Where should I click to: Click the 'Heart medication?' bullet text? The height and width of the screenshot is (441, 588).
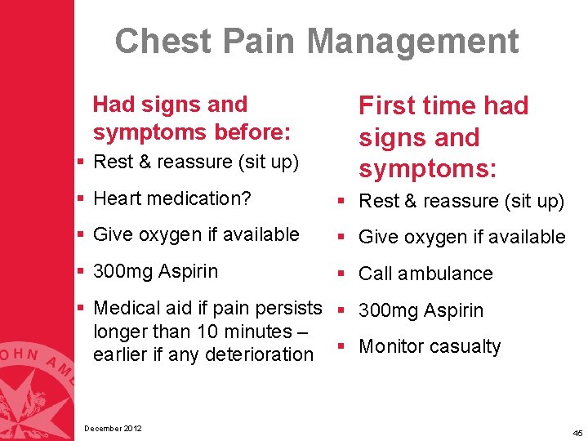click(x=172, y=198)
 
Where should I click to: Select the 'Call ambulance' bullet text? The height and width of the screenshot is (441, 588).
click(x=425, y=274)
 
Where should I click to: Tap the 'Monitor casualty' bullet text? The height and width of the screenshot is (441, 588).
click(x=430, y=346)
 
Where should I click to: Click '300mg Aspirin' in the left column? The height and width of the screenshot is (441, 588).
click(x=156, y=270)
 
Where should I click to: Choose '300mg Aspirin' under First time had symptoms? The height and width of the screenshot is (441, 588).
click(x=421, y=310)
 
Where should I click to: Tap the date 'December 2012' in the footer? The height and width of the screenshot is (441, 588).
click(x=113, y=428)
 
